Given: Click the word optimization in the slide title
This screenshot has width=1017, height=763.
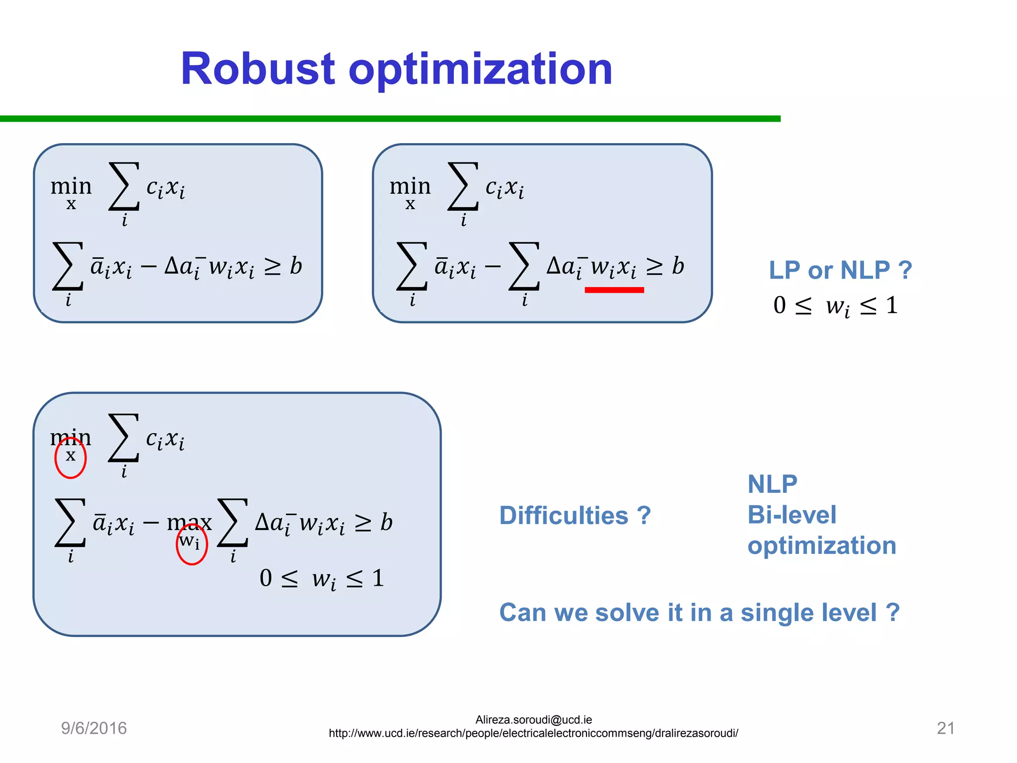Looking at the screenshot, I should tap(480, 70).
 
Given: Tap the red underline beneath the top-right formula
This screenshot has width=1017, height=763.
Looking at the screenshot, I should tap(614, 290).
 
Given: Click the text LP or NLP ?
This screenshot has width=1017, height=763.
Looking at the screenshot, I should tap(840, 270).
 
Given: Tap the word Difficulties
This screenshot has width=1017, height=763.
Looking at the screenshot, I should tap(564, 515).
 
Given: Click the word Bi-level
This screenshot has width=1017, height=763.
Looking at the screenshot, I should tap(792, 515).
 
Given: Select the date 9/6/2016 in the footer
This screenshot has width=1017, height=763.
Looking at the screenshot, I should tap(94, 728).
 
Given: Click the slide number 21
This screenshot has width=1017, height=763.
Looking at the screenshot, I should tap(945, 728).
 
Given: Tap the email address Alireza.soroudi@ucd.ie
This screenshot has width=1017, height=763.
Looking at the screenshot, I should tap(533, 720).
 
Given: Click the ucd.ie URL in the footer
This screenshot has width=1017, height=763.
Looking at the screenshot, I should tap(533, 733).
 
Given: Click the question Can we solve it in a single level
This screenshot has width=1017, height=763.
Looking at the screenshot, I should tap(699, 612).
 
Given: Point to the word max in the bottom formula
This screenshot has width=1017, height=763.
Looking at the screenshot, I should tap(189, 522).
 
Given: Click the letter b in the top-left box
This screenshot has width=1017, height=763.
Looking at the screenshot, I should tap(296, 266).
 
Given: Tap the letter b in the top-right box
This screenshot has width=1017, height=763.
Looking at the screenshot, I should tap(678, 266).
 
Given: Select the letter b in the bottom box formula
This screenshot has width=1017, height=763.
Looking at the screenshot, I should tap(386, 522).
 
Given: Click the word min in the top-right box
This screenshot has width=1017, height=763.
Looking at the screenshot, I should tap(410, 186).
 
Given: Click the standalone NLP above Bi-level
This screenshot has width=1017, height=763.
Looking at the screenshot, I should tap(772, 484).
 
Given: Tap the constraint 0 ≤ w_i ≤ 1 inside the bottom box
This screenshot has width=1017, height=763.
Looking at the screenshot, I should tap(322, 579).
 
